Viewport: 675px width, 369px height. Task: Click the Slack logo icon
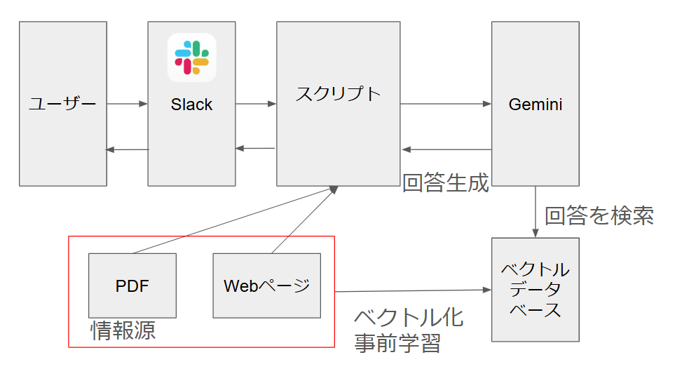(x=192, y=58)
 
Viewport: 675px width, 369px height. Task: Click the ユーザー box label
(x=63, y=105)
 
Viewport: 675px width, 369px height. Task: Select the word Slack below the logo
(x=191, y=105)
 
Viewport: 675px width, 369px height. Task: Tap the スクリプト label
(x=338, y=94)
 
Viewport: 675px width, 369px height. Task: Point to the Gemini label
(x=536, y=105)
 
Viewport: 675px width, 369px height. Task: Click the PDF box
(x=132, y=286)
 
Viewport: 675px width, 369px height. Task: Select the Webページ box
(x=266, y=286)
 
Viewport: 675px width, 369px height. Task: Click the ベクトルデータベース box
(x=536, y=290)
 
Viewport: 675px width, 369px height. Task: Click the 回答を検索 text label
(x=599, y=215)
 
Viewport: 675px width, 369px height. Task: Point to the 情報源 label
(x=123, y=330)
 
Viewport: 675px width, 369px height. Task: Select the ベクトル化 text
(x=409, y=317)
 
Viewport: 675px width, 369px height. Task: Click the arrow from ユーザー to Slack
(x=127, y=105)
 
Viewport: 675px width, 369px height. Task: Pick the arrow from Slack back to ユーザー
(x=127, y=149)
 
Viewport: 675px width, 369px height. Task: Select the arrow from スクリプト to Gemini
(x=446, y=105)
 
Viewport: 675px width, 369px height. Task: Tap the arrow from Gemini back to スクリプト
(x=446, y=149)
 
